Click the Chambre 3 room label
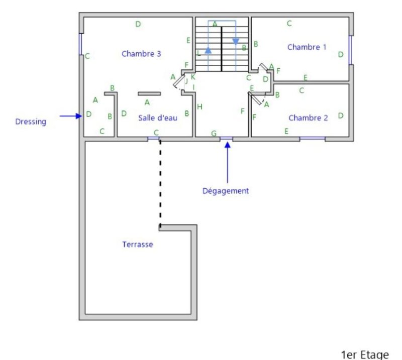coord(141,54)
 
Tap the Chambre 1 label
coord(307,47)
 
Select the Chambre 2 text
coord(308,118)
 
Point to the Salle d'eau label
coord(158,118)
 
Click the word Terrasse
coord(137,245)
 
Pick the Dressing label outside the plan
coord(31,122)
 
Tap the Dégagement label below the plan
coord(226,191)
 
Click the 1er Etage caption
coord(365,355)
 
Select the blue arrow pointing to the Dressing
coord(71,116)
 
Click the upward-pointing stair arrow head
coord(208,50)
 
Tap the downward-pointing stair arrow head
coord(236,42)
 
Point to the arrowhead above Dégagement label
coord(228,145)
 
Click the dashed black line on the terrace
coord(160,183)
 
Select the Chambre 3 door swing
coord(178,82)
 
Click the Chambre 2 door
coord(256,99)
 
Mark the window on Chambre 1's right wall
coord(350,50)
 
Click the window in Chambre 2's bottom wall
coord(312,139)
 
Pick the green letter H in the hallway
coord(199,106)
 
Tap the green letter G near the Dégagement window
coord(214,133)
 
